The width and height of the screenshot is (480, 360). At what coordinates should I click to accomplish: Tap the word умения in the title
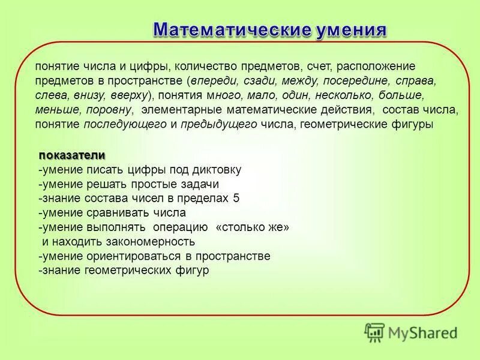(x=349, y=29)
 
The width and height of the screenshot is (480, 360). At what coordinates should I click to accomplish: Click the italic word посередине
(x=358, y=80)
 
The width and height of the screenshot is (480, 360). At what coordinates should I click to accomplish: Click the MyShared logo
(x=410, y=331)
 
